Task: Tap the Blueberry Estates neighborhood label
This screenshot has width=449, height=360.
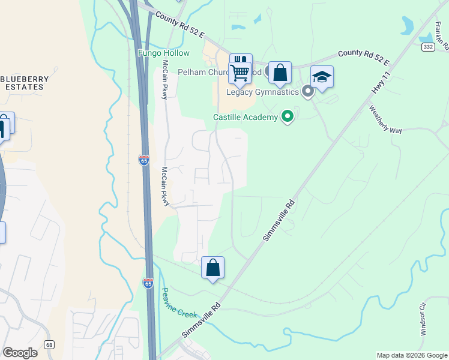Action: pos(23,83)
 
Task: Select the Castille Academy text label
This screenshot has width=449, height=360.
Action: pos(246,117)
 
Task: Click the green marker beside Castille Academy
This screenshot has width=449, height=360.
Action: pos(288,116)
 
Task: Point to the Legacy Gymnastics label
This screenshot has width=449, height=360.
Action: pos(262,92)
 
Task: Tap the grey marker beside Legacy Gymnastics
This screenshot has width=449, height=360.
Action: pos(307,92)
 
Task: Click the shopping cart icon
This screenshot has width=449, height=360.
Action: pos(240,73)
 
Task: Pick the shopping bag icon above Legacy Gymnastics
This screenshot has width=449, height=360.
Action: pos(280,73)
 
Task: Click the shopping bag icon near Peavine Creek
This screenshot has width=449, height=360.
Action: pos(212,268)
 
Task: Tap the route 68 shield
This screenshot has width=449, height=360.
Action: pos(49,344)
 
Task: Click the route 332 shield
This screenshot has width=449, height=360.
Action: pos(427,47)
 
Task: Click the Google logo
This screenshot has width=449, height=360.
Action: pos(20,353)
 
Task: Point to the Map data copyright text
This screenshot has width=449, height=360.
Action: pos(412,355)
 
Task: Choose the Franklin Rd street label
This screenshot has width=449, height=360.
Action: pos(441,34)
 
